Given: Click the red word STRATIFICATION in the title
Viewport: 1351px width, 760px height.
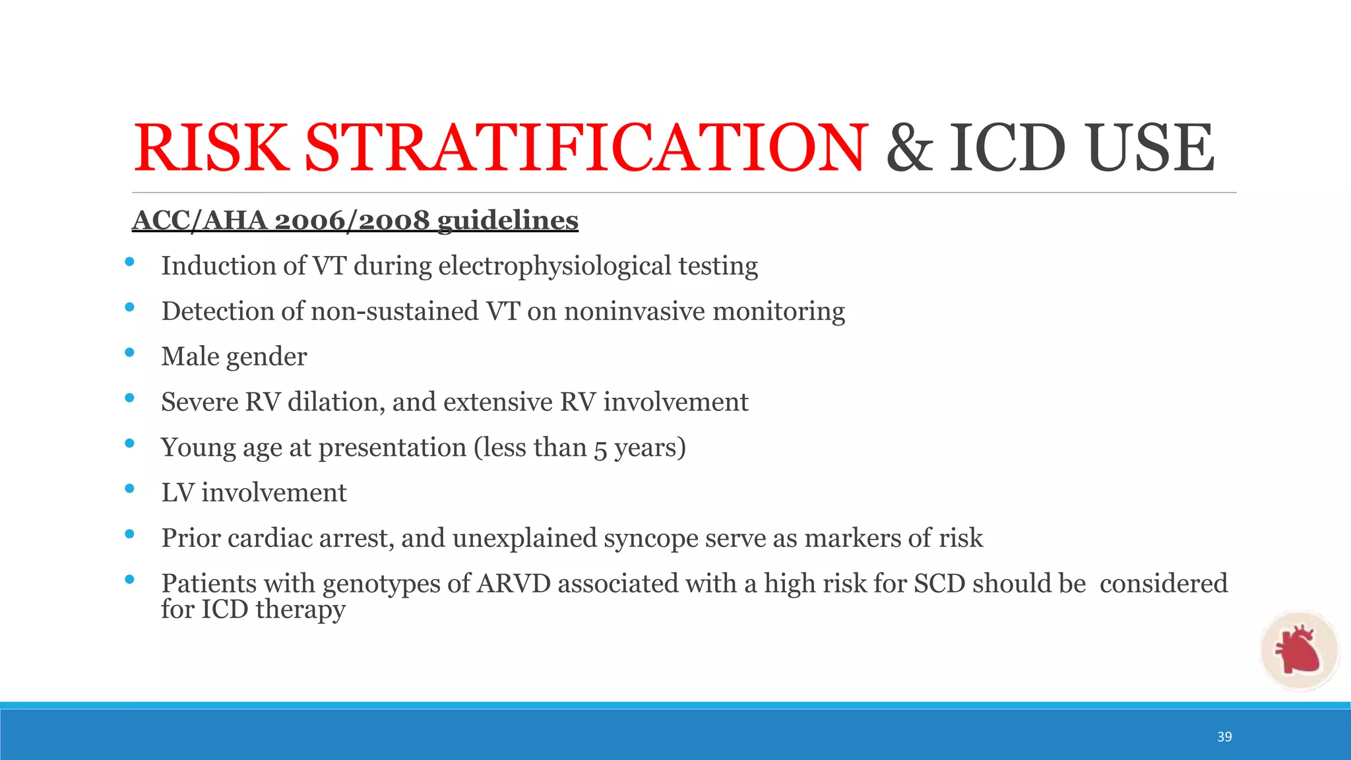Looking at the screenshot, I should coord(584,148).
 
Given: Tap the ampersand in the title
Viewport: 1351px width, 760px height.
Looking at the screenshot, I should coord(909,148).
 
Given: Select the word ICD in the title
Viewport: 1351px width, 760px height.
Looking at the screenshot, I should coord(1007,148).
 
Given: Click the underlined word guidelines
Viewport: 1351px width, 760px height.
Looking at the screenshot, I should coord(507,220).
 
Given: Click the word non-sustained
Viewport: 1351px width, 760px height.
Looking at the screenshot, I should coord(394,311).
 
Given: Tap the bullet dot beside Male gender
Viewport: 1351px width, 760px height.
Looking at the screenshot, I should coord(129,353).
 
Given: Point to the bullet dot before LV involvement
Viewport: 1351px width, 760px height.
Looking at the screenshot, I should coord(129,489).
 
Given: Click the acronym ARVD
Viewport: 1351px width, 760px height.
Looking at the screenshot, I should coord(513,584).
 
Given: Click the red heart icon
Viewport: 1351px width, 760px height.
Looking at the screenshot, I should coord(1298,650).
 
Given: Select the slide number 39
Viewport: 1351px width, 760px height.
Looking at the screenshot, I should coord(1224,737).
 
